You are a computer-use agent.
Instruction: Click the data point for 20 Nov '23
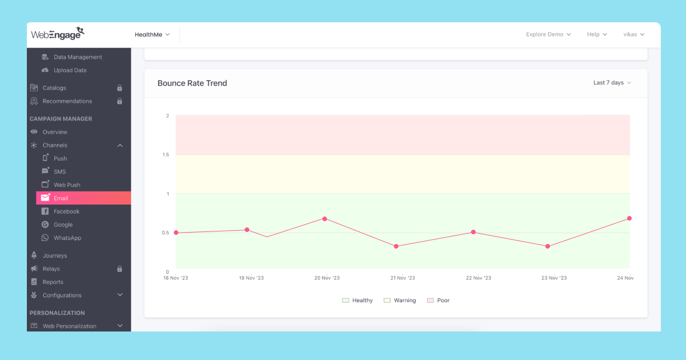(325, 219)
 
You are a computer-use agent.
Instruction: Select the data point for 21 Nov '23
(396, 246)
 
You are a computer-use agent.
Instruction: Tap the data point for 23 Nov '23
(548, 246)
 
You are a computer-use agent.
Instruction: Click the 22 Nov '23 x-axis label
(478, 278)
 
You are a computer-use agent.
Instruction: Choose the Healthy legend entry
(357, 301)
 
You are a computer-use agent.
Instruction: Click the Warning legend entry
(400, 301)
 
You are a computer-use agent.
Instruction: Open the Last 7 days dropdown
(612, 83)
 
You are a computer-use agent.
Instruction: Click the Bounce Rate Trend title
(192, 83)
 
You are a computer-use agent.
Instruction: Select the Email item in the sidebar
(61, 198)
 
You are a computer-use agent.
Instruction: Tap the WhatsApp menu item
(67, 238)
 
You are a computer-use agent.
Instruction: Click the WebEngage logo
(58, 34)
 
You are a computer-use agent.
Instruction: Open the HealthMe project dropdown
(152, 35)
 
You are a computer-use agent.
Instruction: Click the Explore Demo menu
(548, 35)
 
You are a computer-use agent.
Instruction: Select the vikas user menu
(633, 35)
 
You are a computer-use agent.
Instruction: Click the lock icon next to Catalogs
(119, 88)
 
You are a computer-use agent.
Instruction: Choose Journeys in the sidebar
(54, 255)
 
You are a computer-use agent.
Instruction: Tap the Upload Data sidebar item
(70, 70)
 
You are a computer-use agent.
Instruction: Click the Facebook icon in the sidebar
(45, 211)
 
